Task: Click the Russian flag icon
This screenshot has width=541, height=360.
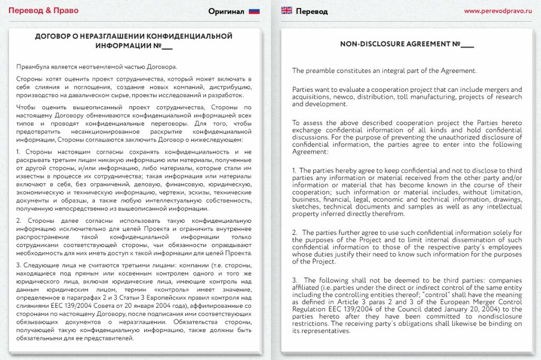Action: tap(254, 11)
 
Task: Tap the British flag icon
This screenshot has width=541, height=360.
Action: tap(287, 11)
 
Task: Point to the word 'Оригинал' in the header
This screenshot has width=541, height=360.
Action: tap(226, 11)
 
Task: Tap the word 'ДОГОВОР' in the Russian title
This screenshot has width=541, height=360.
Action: tap(54, 36)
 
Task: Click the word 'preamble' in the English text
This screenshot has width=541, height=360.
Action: tap(320, 71)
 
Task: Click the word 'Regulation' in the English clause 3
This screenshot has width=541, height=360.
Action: tap(309, 309)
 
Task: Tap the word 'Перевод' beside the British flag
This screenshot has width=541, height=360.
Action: tap(312, 11)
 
